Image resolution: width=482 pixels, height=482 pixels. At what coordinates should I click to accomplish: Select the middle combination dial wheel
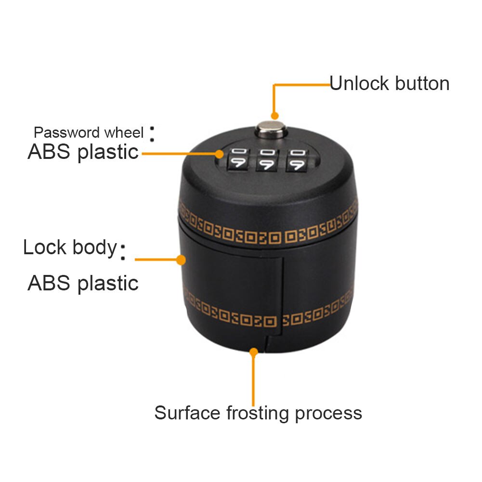click(268, 160)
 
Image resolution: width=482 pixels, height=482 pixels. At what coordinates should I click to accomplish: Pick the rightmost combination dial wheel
click(296, 160)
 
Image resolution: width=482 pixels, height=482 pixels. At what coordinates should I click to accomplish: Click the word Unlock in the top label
click(359, 84)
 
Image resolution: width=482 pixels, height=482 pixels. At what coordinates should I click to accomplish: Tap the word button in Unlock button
click(421, 84)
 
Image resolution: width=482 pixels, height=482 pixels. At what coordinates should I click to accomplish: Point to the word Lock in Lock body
click(45, 248)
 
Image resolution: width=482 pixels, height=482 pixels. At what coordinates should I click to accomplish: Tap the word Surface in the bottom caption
click(186, 413)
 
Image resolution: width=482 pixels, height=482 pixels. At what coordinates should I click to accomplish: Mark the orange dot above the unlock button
click(274, 116)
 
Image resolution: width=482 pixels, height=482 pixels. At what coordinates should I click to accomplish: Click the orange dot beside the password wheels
click(220, 154)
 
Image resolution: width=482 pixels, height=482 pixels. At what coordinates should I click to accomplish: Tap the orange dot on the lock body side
click(181, 260)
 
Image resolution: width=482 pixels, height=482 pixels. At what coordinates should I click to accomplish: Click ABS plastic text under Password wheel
click(83, 152)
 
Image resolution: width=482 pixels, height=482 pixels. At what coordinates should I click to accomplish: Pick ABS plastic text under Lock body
click(83, 283)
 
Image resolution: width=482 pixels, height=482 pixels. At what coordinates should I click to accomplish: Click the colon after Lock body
click(123, 252)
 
